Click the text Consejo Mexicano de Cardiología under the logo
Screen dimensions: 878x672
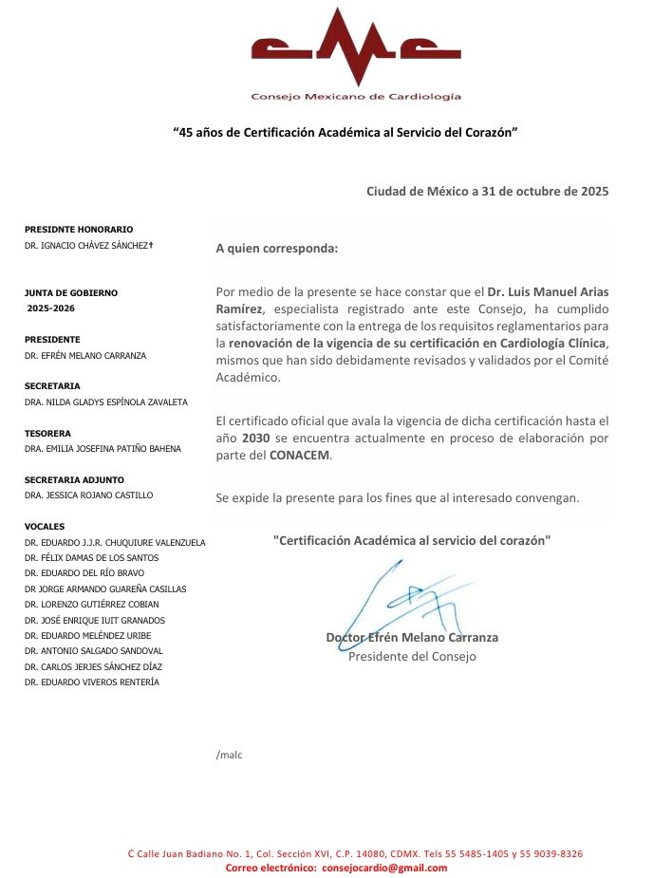pyautogui.click(x=356, y=97)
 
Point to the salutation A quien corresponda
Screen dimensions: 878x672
pyautogui.click(x=276, y=250)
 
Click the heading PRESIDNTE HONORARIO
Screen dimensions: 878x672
pyautogui.click(x=79, y=230)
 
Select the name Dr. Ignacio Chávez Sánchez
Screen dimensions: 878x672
pyautogui.click(x=89, y=246)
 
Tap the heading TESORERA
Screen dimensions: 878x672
pyautogui.click(x=47, y=433)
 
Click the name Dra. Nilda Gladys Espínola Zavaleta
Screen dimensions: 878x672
pyautogui.click(x=106, y=402)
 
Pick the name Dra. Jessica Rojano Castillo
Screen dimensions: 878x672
pyautogui.click(x=89, y=495)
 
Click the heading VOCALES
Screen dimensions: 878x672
pyautogui.click(x=46, y=526)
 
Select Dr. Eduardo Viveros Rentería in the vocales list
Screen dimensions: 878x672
pyautogui.click(x=92, y=682)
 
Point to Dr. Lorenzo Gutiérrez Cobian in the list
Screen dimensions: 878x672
pyautogui.click(x=92, y=604)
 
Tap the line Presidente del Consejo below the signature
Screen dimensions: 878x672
pyautogui.click(x=412, y=656)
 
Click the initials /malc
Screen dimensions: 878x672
pyautogui.click(x=230, y=756)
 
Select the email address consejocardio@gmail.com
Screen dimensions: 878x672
pyautogui.click(x=384, y=868)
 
